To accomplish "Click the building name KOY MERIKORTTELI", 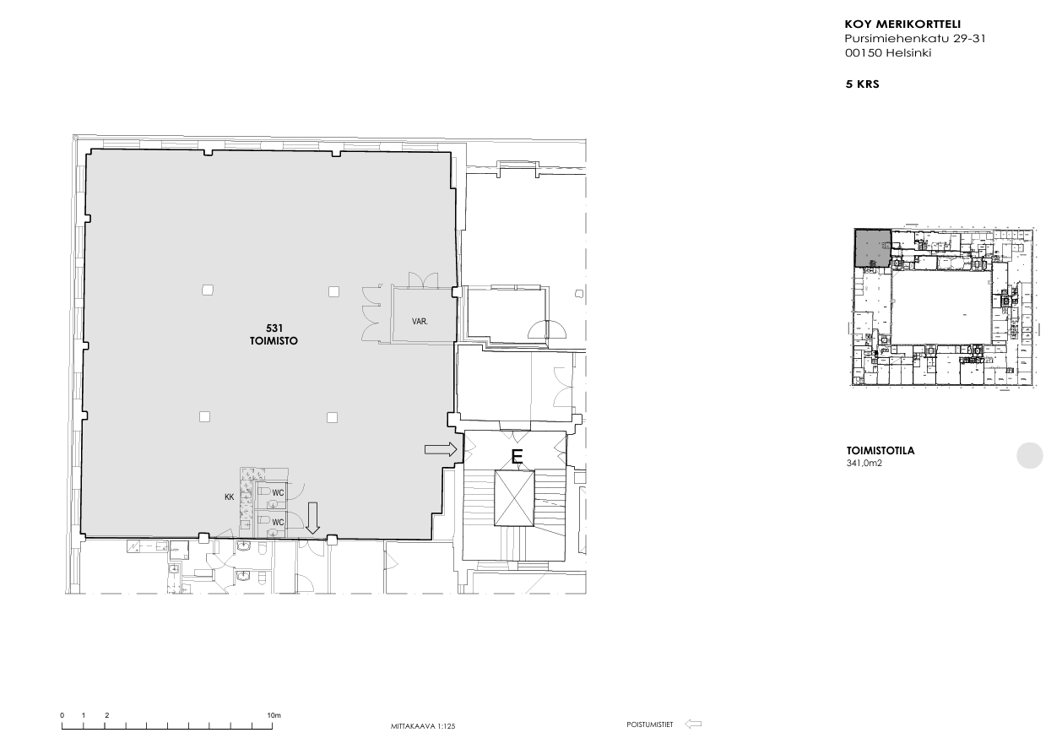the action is [902, 24].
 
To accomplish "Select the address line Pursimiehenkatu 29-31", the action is [915, 39].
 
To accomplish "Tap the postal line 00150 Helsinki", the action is [888, 52].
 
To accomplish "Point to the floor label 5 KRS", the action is [862, 84].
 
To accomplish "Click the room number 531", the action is [274, 328].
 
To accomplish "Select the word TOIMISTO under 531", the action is [274, 341].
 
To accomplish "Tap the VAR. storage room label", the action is [420, 321].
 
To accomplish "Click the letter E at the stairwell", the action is [517, 456].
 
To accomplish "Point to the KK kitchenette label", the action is [229, 497].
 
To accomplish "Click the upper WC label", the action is [278, 493].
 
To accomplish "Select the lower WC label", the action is [278, 522].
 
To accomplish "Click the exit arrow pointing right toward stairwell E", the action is [441, 449].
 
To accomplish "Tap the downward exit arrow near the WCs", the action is [312, 518].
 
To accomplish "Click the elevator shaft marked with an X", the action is [514, 497].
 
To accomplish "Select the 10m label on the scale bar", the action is [274, 715].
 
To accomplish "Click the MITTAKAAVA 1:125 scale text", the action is [423, 726].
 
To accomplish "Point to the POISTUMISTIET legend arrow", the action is [693, 725].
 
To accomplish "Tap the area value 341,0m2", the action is [864, 464].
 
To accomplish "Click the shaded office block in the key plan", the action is [872, 248].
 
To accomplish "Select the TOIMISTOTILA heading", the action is [880, 451].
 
